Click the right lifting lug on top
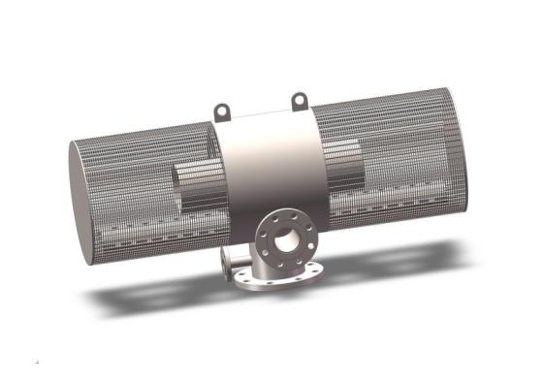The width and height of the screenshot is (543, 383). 300,101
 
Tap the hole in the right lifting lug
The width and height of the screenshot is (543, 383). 300,98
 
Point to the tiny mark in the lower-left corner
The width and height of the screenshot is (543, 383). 36,363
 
